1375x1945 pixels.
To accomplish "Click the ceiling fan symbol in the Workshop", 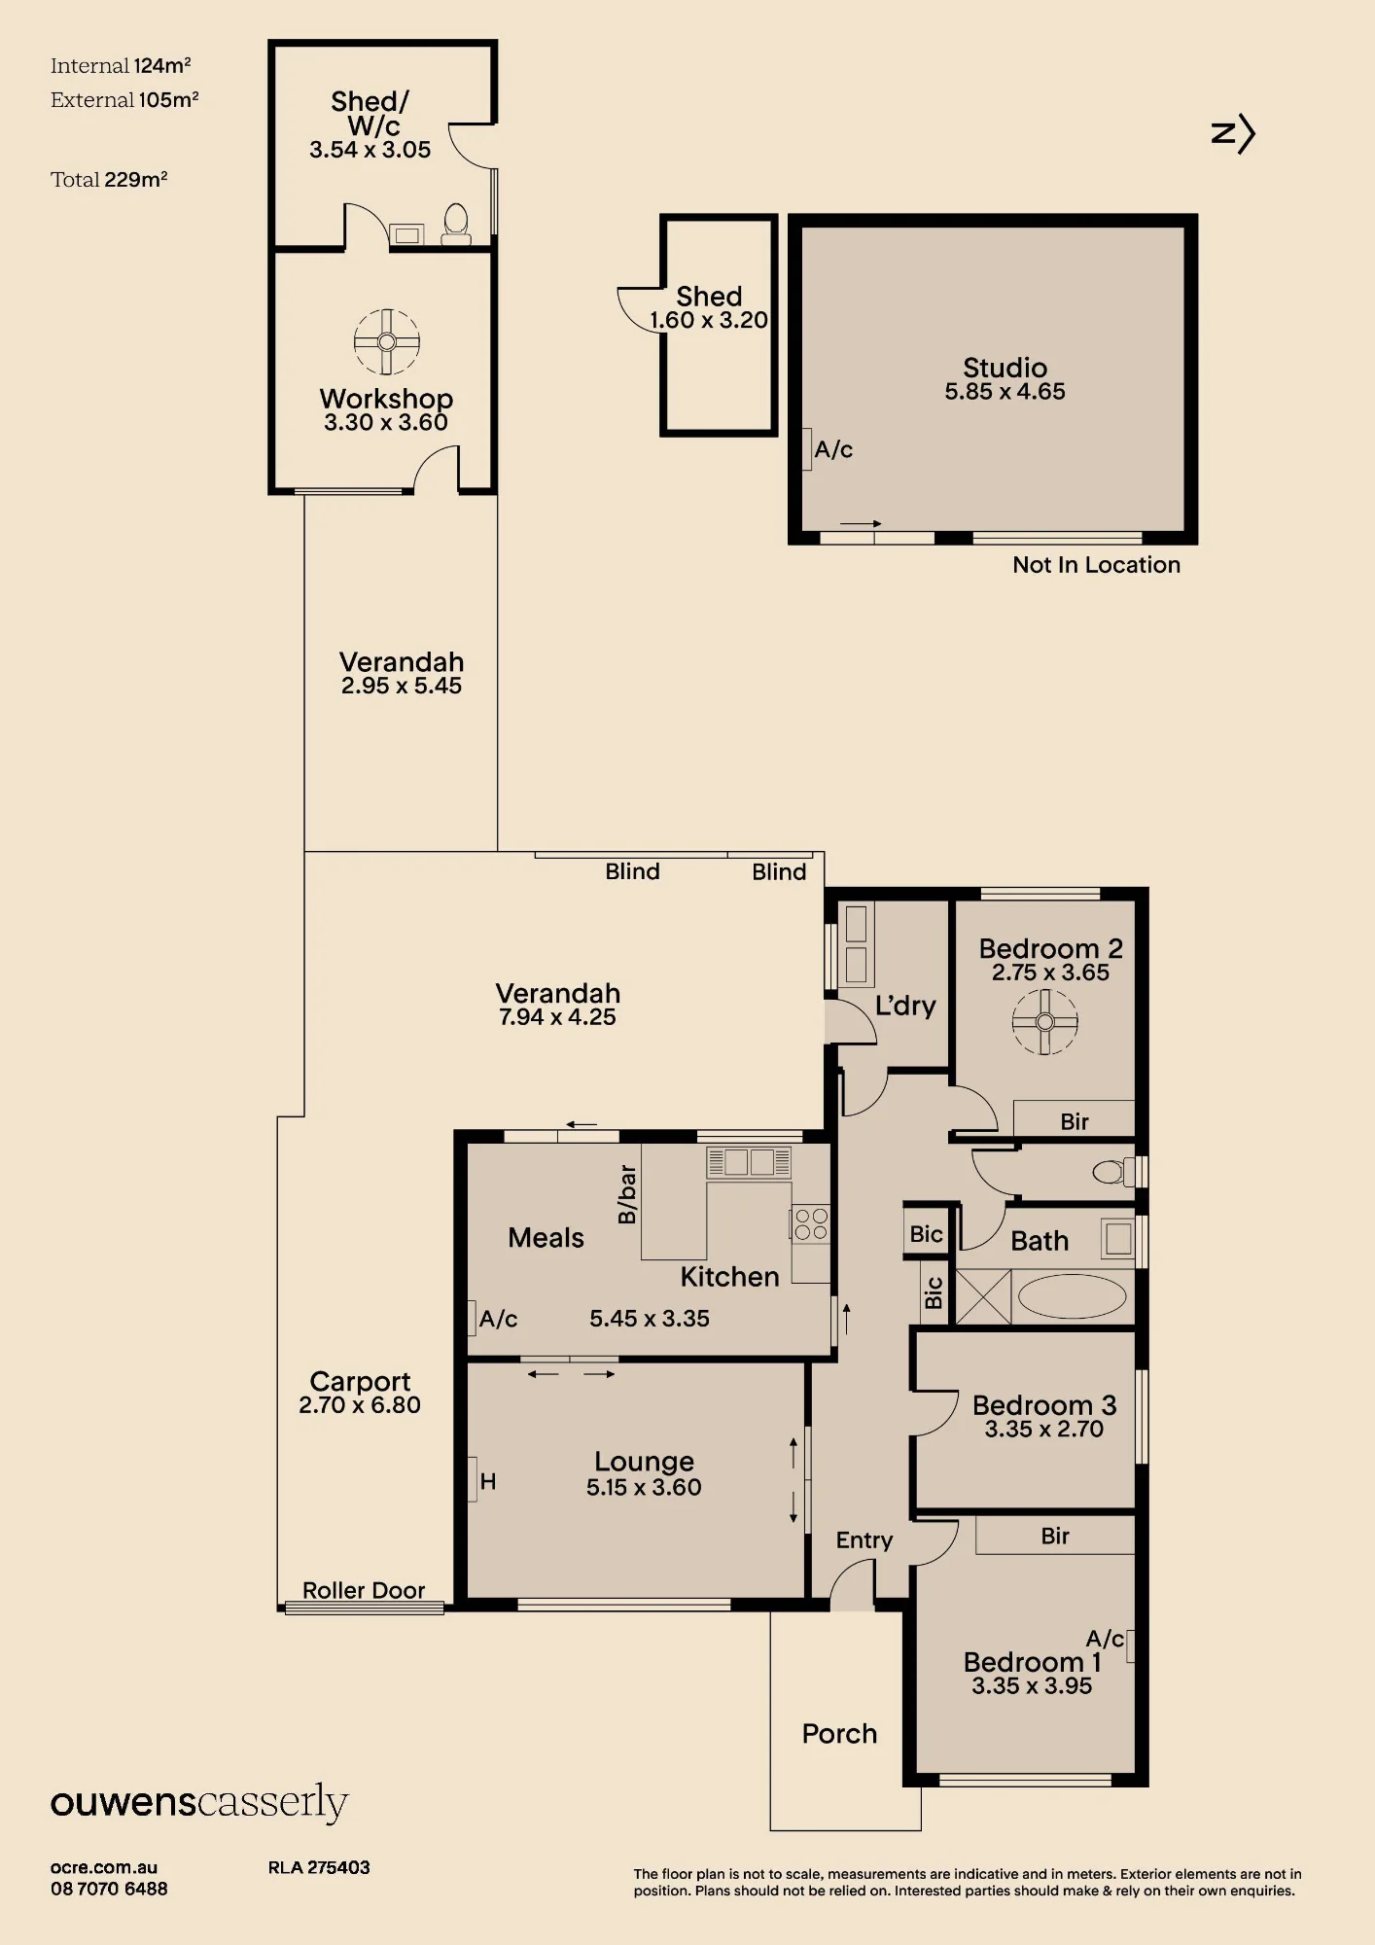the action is tap(386, 341).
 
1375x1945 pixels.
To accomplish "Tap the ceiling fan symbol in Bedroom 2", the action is tap(1045, 1021).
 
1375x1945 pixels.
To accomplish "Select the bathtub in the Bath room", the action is tap(1072, 1296).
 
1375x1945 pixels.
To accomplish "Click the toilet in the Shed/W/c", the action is tap(456, 224).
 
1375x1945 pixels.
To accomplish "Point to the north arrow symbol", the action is tap(1233, 133).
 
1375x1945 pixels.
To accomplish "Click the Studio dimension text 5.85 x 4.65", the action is tap(1005, 392).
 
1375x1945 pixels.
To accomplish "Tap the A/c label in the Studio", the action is tap(833, 449).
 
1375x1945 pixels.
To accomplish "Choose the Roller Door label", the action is tap(364, 1590).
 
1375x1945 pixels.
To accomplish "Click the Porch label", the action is tap(839, 1734).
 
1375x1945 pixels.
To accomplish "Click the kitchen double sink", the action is tap(749, 1162).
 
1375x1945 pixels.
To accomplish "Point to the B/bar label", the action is tap(627, 1194).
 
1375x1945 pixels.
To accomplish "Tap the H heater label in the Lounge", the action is tap(488, 1481).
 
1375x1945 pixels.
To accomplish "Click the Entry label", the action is tap(864, 1540).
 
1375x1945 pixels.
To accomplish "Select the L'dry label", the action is tap(905, 1006).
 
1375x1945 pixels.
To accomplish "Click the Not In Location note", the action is tap(1096, 565).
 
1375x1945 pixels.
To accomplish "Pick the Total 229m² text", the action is tap(109, 179).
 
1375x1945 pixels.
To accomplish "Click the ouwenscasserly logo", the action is tap(199, 1803).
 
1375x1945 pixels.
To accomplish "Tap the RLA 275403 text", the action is tap(319, 1867).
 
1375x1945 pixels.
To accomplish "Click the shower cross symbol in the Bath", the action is tap(984, 1296).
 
